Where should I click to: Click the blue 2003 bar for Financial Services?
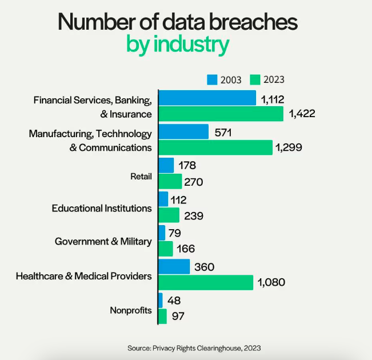207,98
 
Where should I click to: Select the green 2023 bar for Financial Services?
221,114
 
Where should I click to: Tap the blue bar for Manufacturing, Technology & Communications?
183,131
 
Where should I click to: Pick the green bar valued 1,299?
215,147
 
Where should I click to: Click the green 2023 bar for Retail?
170,182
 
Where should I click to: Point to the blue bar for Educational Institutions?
163,199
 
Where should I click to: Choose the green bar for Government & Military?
165,249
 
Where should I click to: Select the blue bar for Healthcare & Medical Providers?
174,266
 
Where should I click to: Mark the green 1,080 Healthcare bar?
205,282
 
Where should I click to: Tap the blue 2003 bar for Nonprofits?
160,299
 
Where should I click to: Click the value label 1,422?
302,114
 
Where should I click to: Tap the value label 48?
175,300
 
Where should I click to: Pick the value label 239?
194,215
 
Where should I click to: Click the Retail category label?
141,176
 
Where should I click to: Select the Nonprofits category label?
131,310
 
